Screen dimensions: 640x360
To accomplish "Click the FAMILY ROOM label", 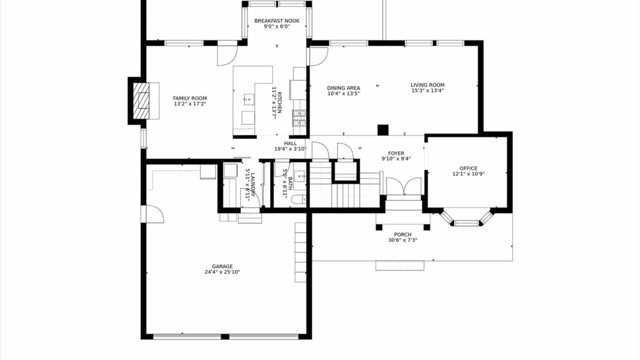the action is click(190, 98).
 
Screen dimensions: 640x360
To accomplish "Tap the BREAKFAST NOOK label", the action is click(277, 21).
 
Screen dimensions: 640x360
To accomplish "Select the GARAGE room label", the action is click(222, 266).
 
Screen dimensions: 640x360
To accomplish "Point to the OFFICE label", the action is click(468, 168).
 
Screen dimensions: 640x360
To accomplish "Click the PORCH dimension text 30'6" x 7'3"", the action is click(402, 240).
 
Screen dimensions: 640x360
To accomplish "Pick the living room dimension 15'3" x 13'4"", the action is click(428, 91).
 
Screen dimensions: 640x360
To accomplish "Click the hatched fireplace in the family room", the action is click(141, 101).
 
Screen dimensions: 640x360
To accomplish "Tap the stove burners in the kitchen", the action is click(299, 118).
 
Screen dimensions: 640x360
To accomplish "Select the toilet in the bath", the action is click(299, 199).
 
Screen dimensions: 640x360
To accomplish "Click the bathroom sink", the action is click(300, 177).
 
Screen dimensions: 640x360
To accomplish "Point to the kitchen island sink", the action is click(249, 99).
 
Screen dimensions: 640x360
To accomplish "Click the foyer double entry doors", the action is click(404, 186).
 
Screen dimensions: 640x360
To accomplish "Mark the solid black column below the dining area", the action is click(383, 130).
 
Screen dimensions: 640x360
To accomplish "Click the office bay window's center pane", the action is click(466, 223).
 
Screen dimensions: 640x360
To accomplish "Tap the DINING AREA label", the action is click(343, 88).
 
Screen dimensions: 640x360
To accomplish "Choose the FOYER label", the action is click(396, 153).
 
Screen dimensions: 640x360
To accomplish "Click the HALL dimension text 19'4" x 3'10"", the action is click(290, 149).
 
